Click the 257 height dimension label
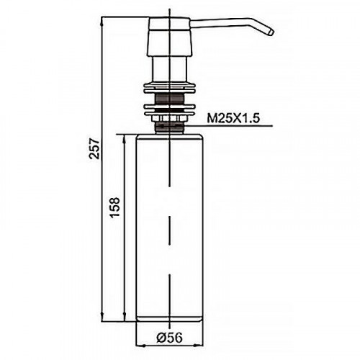[x=94, y=148]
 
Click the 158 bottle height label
[x=114, y=208]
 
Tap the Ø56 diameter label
[x=170, y=338]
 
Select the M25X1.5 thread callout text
[x=233, y=118]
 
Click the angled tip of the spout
[x=270, y=32]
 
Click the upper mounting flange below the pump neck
[x=170, y=89]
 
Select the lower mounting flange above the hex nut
[x=170, y=109]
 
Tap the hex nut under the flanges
[x=170, y=119]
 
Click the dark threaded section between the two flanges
[x=170, y=99]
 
